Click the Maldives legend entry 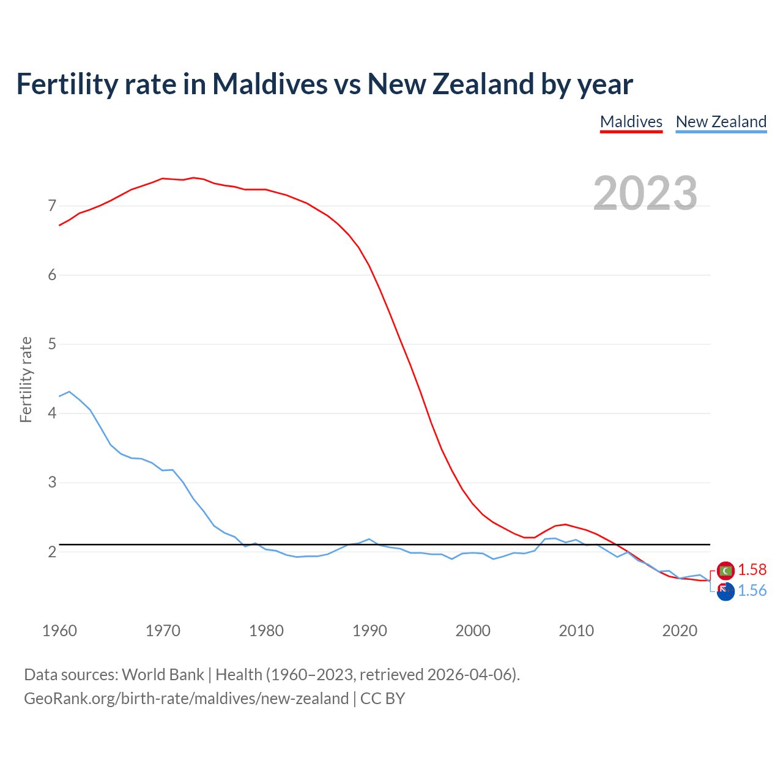point(631,122)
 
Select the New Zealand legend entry point(721,122)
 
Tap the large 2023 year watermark point(645,193)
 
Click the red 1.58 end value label point(752,570)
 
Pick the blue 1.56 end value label point(752,590)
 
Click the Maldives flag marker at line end point(725,571)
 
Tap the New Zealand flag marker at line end point(725,592)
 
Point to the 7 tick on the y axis point(52,206)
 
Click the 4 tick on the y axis point(52,413)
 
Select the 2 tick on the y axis point(52,552)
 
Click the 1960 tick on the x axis point(59,631)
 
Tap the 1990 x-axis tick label point(369,631)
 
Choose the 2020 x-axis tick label point(680,631)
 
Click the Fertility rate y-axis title point(26,379)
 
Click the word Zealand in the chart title point(483,84)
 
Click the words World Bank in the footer point(163,675)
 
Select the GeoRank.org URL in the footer point(186,699)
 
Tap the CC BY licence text point(382,699)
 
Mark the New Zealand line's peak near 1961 point(69,391)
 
